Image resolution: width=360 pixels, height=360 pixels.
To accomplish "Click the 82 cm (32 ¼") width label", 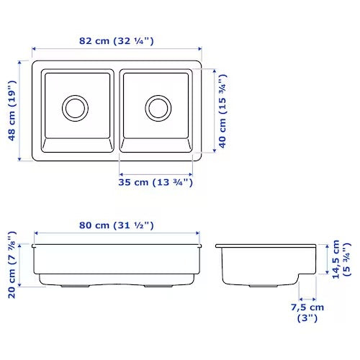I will [x=117, y=41].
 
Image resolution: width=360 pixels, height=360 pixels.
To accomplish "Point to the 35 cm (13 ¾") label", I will [x=156, y=183].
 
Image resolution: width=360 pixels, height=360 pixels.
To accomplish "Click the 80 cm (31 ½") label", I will [x=117, y=225].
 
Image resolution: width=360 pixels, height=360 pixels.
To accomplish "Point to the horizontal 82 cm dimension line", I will [x=117, y=53].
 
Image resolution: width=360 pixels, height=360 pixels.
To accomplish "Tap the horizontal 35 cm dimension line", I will [x=156, y=174].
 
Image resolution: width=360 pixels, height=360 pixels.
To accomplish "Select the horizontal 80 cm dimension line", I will [x=117, y=235].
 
